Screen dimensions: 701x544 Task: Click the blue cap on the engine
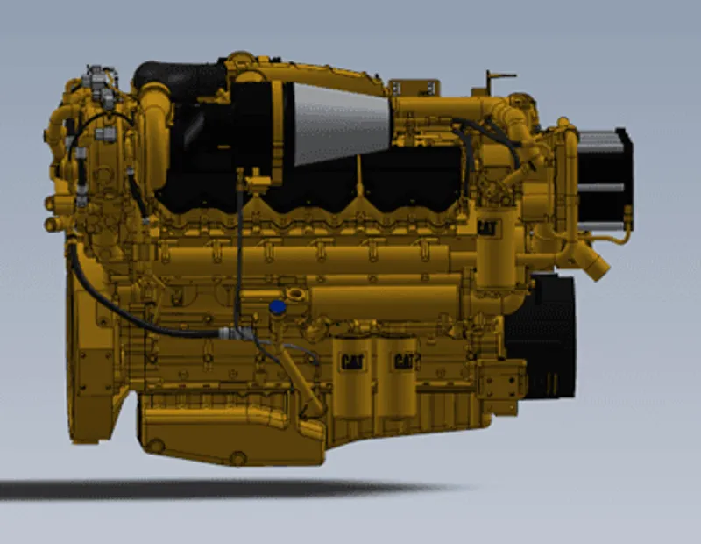click(x=277, y=307)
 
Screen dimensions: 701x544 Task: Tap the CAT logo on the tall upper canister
click(x=487, y=228)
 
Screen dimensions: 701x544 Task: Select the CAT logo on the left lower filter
click(x=352, y=361)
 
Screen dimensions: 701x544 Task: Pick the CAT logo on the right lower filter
click(x=405, y=361)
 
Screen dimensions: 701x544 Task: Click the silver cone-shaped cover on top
click(x=341, y=123)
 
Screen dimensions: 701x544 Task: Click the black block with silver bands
click(x=605, y=179)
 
